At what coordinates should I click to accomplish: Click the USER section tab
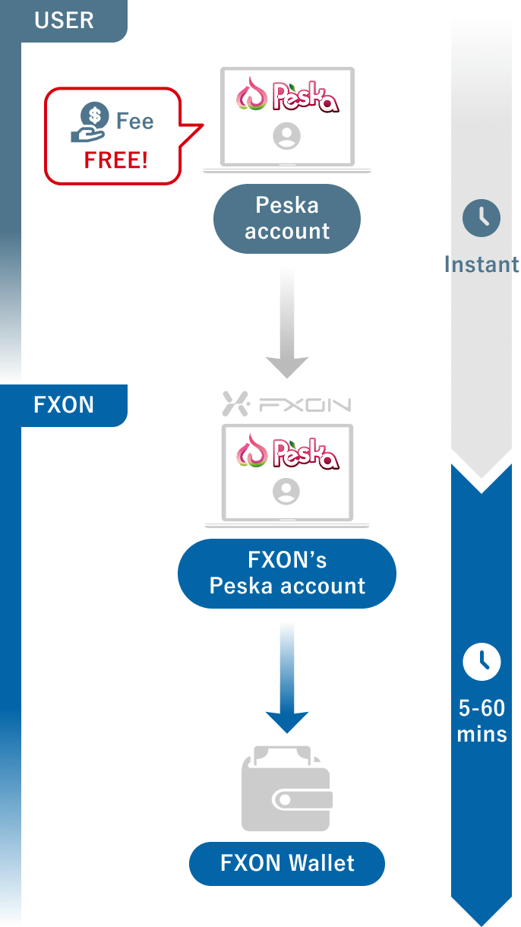[x=64, y=21]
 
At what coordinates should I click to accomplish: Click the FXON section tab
[x=64, y=405]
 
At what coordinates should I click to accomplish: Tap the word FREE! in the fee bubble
[x=116, y=160]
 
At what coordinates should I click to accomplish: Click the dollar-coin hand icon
[x=89, y=122]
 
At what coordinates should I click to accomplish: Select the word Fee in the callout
[x=134, y=122]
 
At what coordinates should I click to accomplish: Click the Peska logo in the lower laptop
[x=287, y=454]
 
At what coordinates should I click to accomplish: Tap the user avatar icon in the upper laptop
[x=286, y=137]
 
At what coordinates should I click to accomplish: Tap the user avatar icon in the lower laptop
[x=286, y=492]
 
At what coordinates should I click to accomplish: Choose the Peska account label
[x=287, y=218]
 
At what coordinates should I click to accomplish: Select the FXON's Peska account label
[x=287, y=573]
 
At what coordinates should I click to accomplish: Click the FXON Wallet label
[x=287, y=863]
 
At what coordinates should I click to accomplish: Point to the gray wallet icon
[x=286, y=790]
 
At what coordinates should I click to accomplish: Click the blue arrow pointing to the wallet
[x=286, y=676]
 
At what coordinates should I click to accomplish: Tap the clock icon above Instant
[x=482, y=219]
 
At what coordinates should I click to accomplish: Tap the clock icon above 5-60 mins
[x=482, y=662]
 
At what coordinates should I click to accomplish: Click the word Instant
[x=482, y=264]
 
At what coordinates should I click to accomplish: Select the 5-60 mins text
[x=482, y=721]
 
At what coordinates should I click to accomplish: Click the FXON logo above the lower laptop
[x=286, y=403]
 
